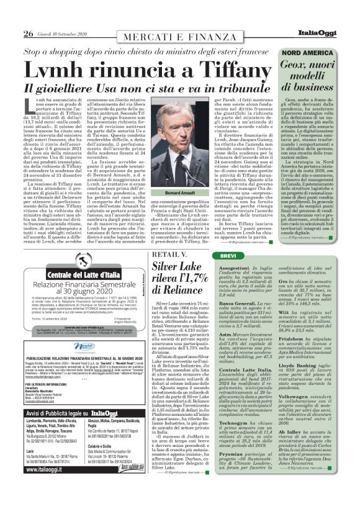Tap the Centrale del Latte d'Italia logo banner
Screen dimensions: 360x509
click(62, 274)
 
